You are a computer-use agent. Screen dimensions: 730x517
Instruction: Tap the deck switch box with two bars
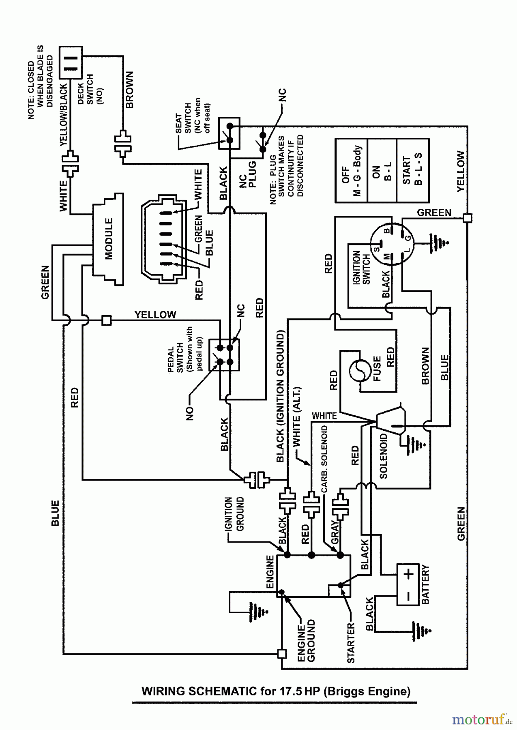point(71,62)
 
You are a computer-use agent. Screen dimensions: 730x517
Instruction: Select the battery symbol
point(408,584)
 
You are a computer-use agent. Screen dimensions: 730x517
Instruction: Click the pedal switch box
point(224,354)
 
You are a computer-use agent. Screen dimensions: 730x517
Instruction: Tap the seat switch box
point(229,133)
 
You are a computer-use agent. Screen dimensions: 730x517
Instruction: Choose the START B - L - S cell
point(412,170)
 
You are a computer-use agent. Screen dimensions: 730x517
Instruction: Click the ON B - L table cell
point(382,170)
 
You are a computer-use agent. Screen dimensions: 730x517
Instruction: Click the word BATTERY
point(425,584)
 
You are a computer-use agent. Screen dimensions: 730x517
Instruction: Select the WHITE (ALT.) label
point(296,417)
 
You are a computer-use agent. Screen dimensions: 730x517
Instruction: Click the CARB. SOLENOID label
point(324,459)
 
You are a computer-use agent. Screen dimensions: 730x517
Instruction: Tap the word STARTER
point(351,643)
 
